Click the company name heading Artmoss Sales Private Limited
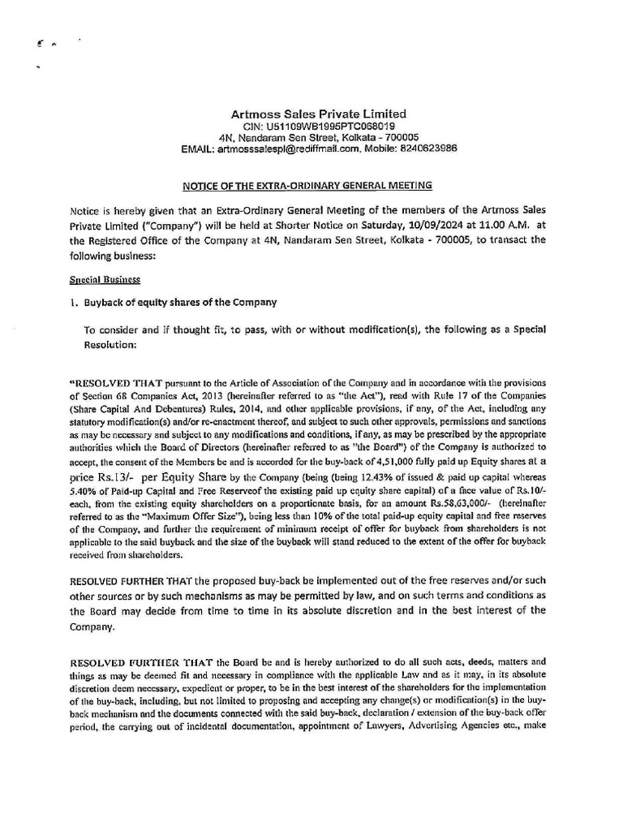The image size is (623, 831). [314, 114]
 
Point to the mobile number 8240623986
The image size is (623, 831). [428, 149]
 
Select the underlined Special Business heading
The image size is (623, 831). [105, 279]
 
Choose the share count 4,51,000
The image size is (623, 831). [376, 462]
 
